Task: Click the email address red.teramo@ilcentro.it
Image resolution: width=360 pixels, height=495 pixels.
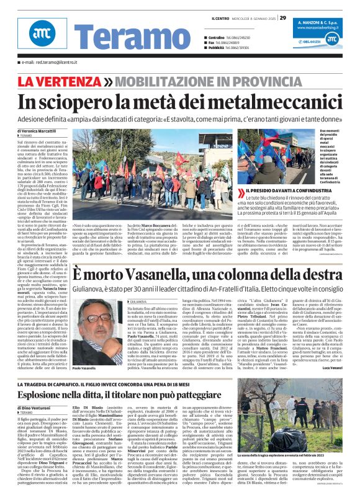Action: point(48,62)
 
